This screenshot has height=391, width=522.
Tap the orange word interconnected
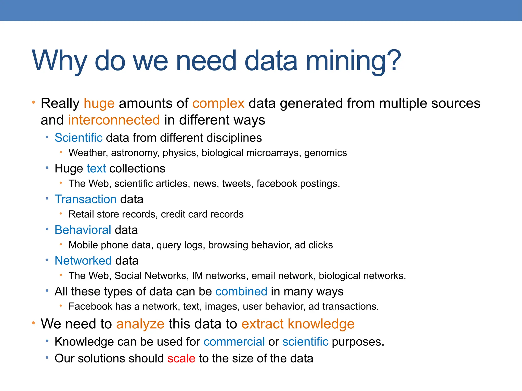click(114, 120)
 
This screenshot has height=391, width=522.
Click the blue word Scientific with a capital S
click(79, 138)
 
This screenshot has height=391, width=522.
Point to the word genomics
click(325, 153)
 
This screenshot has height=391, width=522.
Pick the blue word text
click(96, 169)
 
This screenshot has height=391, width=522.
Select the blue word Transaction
click(86, 199)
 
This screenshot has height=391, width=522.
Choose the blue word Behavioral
click(83, 230)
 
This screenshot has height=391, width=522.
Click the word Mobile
click(83, 245)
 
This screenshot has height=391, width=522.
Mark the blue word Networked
click(83, 261)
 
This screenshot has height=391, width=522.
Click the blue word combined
click(241, 291)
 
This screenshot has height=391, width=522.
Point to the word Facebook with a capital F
click(90, 306)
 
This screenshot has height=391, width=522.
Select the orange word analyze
click(140, 324)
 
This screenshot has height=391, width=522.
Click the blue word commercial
click(234, 342)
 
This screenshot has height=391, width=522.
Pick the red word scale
click(181, 358)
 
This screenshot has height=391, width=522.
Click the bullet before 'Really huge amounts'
click(33, 103)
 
